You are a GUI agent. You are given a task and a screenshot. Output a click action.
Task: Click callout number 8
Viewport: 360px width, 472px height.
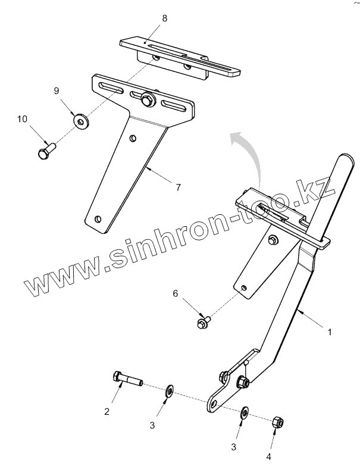coord(164,18)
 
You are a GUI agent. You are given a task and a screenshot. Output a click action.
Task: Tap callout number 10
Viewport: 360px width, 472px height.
coord(22,119)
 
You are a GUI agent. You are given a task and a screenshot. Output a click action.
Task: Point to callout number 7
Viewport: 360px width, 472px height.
coord(177,187)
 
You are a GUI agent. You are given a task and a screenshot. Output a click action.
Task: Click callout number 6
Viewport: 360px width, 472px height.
coord(176,293)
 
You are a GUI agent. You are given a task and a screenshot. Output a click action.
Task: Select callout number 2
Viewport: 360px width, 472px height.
coord(108,412)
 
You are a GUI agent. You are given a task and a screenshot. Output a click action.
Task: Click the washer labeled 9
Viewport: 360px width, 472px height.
coord(79,120)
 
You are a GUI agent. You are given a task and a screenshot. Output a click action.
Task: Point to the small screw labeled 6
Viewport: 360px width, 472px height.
coord(202,322)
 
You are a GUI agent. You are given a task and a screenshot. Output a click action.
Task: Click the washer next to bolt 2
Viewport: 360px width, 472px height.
coord(168,390)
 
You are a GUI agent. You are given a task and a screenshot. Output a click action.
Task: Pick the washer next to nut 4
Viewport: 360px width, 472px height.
coord(244,412)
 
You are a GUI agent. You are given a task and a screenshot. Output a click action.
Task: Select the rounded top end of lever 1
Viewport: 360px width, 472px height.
coord(344,161)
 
